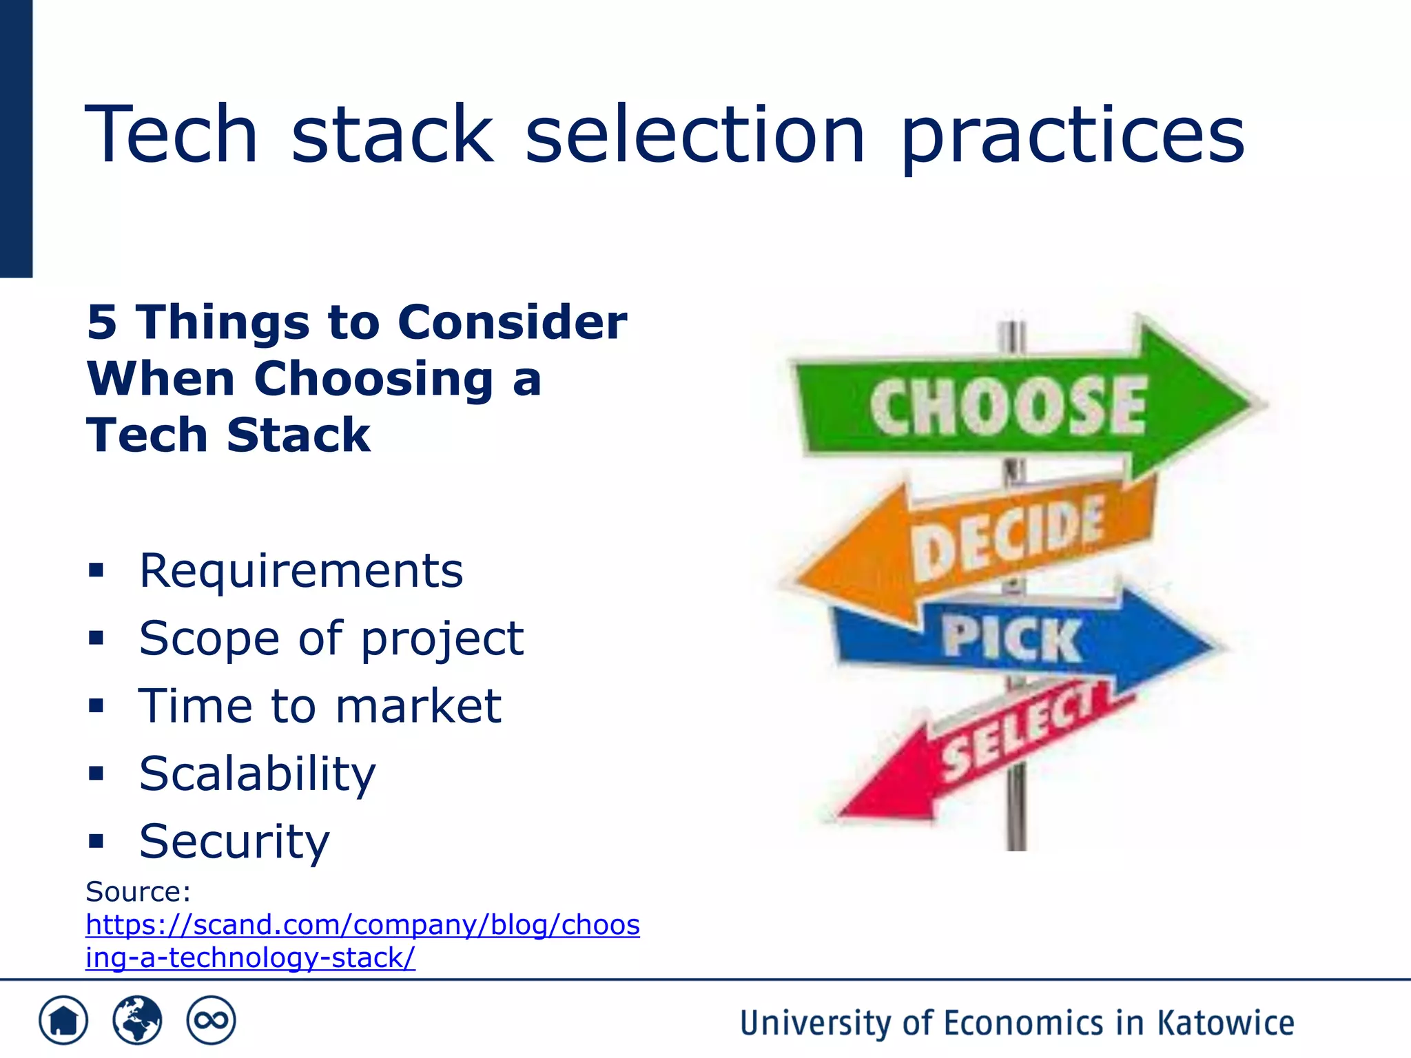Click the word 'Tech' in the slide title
pos(171,134)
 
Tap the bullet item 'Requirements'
pos(301,571)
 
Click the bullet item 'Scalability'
pos(257,774)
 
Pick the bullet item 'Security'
pos(234,842)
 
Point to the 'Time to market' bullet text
pos(320,707)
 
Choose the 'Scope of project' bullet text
pos(331,639)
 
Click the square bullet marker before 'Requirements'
pos(96,570)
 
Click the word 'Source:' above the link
pos(138,892)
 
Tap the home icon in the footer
pos(63,1020)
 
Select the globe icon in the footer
pos(137,1020)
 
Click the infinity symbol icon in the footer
pos(211,1020)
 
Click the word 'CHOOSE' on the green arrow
pos(1007,406)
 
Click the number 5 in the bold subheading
pos(102,322)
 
